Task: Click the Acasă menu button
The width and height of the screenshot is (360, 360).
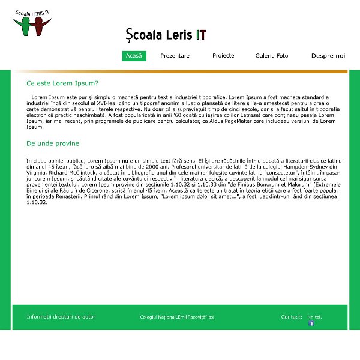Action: click(x=134, y=56)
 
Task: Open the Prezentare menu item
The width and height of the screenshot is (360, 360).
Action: click(x=175, y=56)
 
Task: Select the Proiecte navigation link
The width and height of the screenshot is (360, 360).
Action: click(x=223, y=56)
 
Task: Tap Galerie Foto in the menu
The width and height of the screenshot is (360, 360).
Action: click(x=272, y=56)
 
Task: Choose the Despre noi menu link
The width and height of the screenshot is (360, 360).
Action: click(x=328, y=56)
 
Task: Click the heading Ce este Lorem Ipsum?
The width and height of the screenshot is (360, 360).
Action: click(x=62, y=83)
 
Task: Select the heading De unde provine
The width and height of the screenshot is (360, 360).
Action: click(x=53, y=143)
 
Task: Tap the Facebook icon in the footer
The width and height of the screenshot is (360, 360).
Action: click(x=311, y=323)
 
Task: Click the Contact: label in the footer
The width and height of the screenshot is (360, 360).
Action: click(x=292, y=316)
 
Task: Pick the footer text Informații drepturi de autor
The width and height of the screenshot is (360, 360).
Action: click(x=61, y=316)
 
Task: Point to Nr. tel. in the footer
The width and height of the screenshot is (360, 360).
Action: click(x=314, y=316)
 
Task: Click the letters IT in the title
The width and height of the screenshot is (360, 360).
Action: click(x=201, y=35)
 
